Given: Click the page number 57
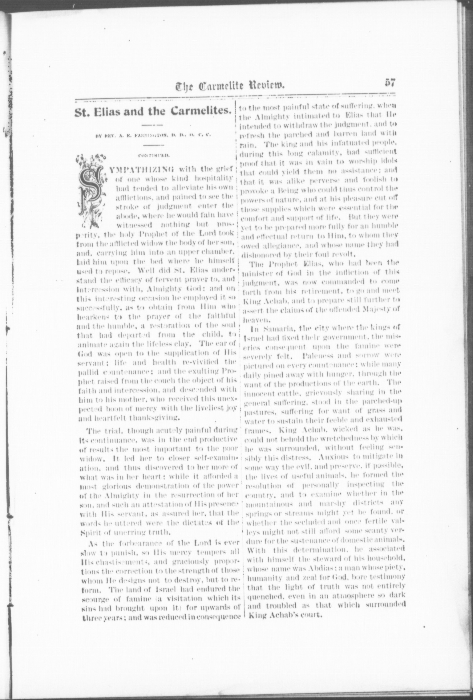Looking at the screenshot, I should pos(389,83).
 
